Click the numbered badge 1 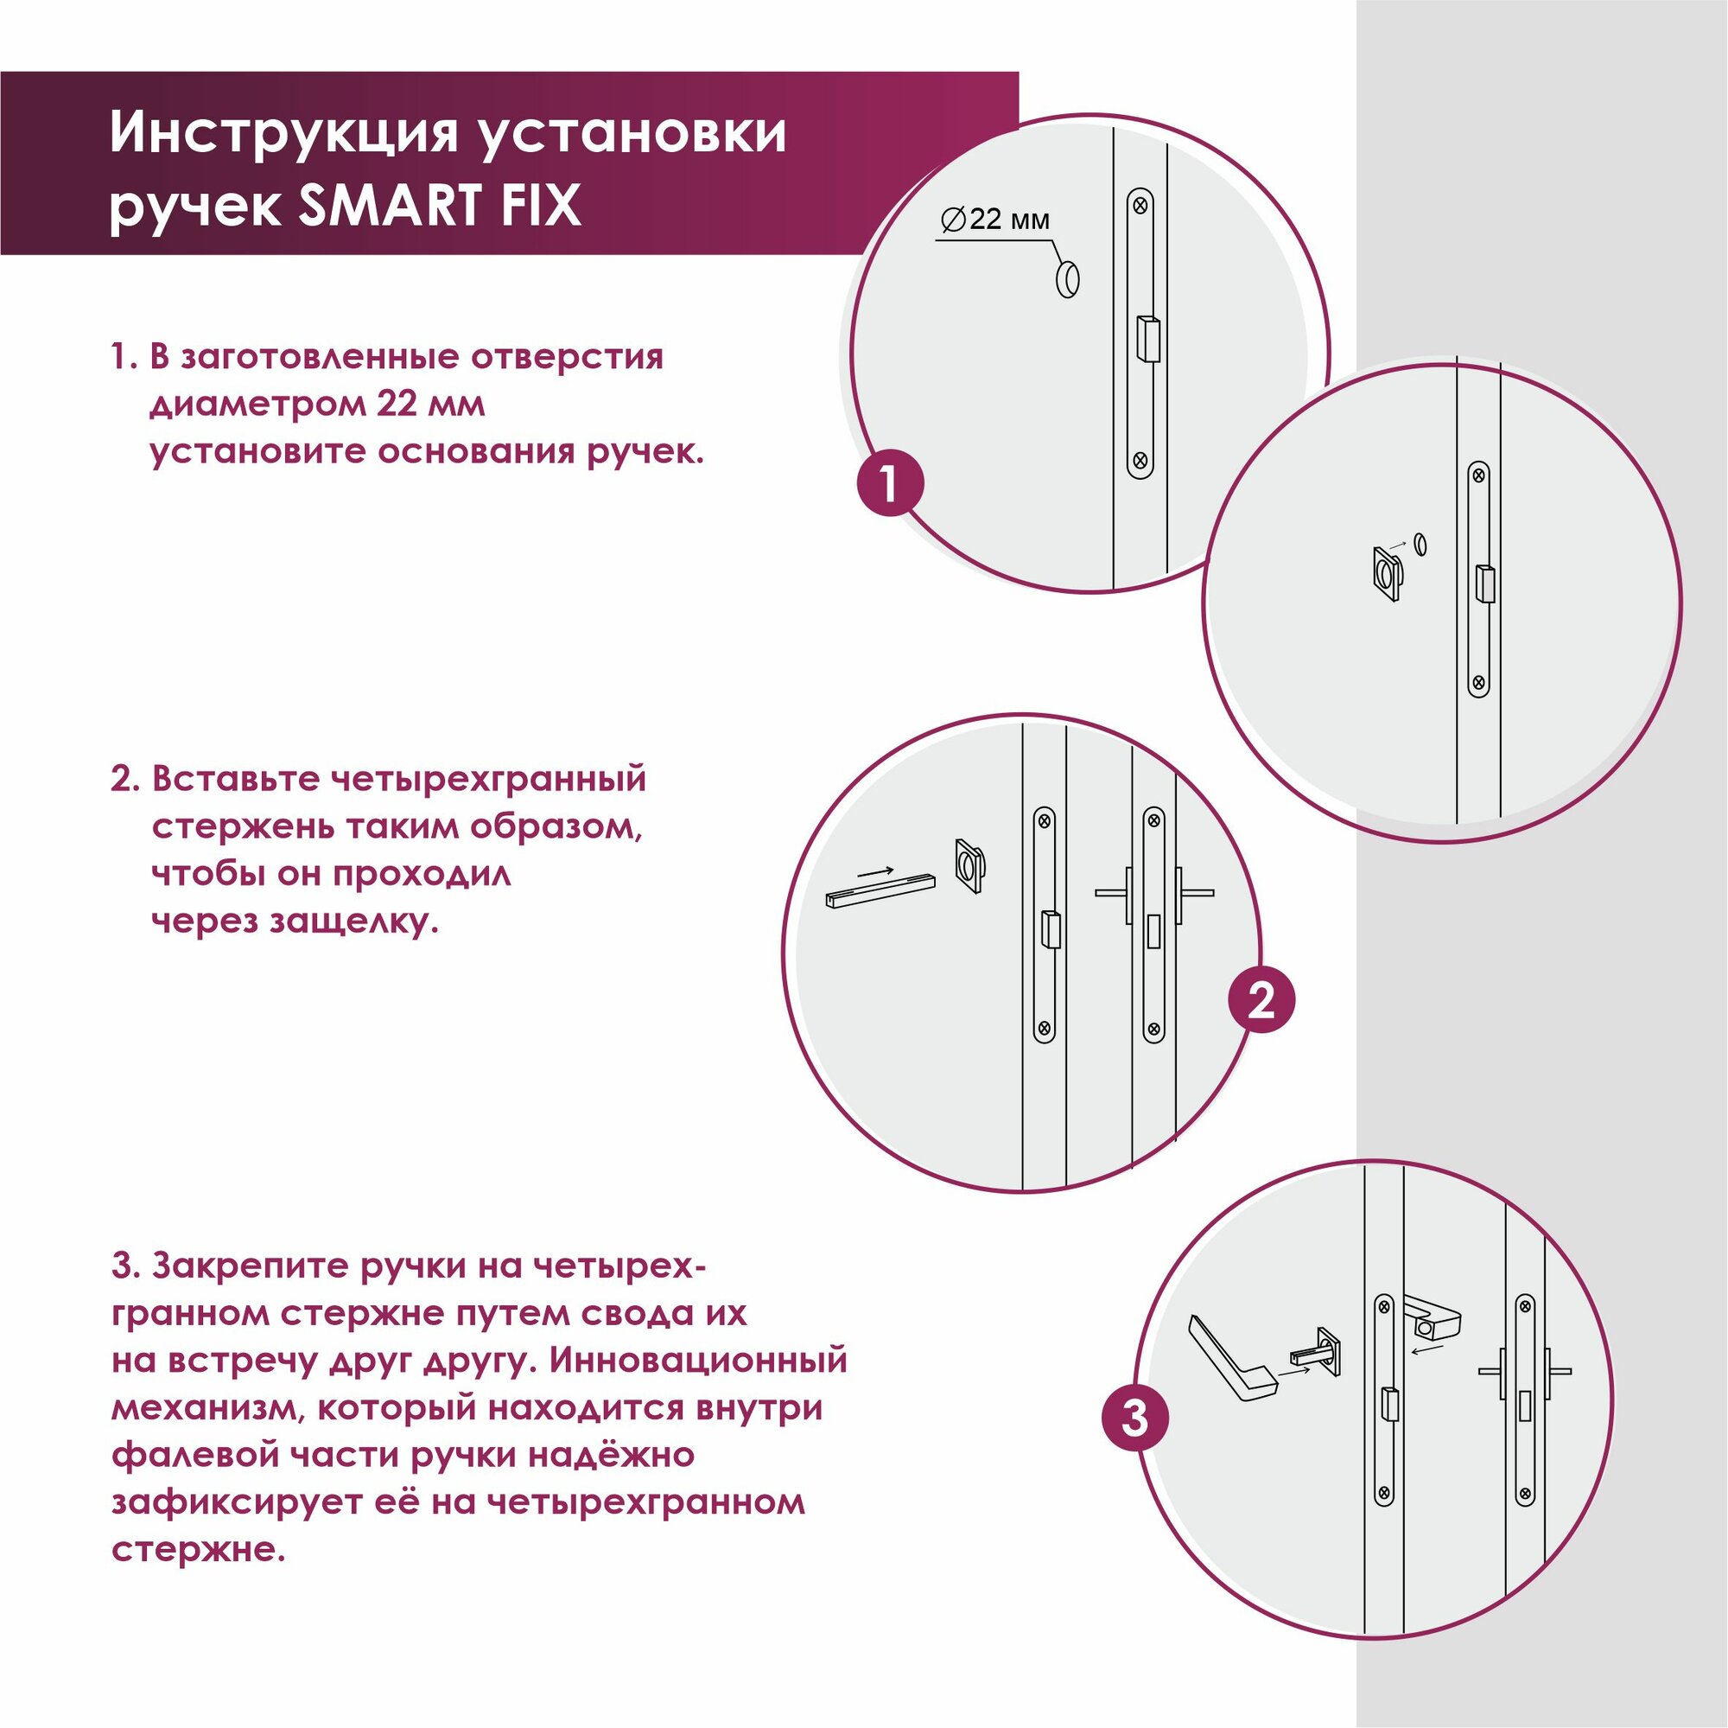tap(889, 485)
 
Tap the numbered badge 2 tap(1261, 999)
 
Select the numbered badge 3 tap(1135, 1419)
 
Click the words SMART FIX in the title tap(439, 206)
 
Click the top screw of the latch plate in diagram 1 tap(1140, 205)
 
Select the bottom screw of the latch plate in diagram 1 tap(1140, 461)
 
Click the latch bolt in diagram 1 tap(1147, 338)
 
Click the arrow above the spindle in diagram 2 tap(874, 870)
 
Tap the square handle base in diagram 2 tap(969, 865)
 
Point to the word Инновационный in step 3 tap(697, 1362)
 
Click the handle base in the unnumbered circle tap(1388, 574)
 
